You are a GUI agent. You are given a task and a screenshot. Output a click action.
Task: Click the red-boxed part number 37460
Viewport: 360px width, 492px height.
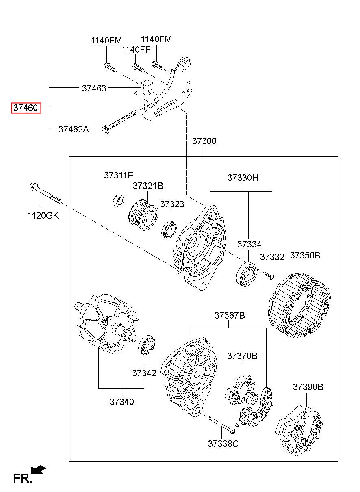[x=26, y=108]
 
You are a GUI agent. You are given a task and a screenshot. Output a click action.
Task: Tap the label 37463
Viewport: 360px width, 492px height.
[x=94, y=88]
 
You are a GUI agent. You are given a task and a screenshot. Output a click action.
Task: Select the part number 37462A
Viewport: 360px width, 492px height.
[x=74, y=129]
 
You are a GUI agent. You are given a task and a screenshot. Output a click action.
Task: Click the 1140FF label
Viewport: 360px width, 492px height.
[x=136, y=50]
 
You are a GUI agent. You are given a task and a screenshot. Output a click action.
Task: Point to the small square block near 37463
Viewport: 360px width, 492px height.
[x=147, y=88]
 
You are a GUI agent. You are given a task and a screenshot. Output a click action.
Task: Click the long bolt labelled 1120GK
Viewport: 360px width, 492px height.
[x=45, y=194]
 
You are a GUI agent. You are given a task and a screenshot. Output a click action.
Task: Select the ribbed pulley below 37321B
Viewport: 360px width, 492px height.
[x=143, y=215]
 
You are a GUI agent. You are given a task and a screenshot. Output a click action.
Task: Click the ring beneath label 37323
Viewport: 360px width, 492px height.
[x=169, y=230]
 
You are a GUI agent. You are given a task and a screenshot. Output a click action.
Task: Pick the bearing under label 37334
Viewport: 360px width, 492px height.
[x=247, y=274]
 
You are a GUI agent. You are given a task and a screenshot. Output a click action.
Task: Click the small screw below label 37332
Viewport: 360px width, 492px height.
[x=269, y=275]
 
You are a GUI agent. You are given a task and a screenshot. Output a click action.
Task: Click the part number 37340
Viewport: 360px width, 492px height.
[x=121, y=402]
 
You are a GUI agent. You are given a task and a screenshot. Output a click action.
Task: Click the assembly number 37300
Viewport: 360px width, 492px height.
[x=204, y=141]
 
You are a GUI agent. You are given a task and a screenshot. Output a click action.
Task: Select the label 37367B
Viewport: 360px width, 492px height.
[x=230, y=315]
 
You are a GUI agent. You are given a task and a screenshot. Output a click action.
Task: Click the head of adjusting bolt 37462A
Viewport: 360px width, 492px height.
[x=106, y=129]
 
